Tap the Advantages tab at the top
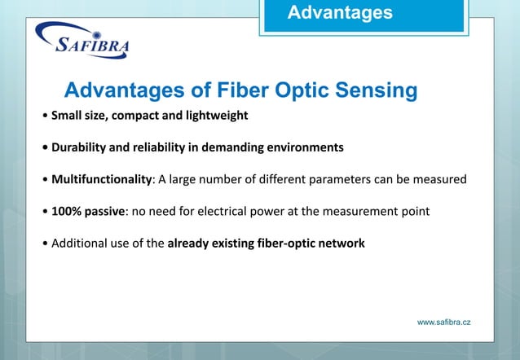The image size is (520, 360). pos(340,13)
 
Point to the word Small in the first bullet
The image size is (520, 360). pos(67,115)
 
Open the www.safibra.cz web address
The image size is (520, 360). pos(443,323)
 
